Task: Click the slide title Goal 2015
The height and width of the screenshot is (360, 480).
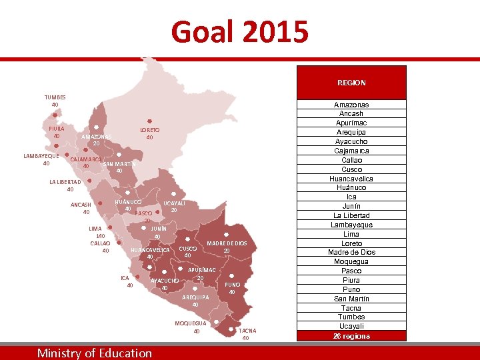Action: (240, 31)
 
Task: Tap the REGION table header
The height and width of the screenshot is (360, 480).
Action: (351, 83)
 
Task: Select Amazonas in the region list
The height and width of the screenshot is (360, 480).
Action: (351, 105)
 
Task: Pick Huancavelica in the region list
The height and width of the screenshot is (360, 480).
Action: (351, 179)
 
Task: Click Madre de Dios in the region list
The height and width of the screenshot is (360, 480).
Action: (351, 253)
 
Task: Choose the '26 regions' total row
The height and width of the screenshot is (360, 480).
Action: (351, 336)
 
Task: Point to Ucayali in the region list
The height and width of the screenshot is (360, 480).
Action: (351, 326)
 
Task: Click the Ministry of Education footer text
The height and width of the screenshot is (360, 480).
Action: (95, 353)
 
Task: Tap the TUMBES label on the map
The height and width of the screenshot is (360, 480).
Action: (55, 97)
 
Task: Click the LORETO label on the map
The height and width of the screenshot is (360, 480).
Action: (149, 129)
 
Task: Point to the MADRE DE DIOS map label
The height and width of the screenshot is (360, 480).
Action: (227, 243)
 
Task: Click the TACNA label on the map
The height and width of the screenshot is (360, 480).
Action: (246, 331)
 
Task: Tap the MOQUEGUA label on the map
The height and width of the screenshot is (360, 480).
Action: (190, 323)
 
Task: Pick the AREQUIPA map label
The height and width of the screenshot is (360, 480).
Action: (195, 297)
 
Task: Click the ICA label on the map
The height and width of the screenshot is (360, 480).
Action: (125, 277)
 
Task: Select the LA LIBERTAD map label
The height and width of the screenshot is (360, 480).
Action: (65, 182)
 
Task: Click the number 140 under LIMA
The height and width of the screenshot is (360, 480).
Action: (100, 236)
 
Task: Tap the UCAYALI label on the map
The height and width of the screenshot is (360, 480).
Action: (174, 203)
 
